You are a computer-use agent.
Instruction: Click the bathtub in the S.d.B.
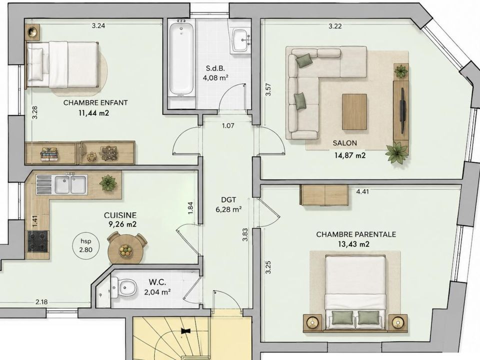coord(181,58)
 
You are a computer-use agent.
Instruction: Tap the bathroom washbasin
coord(241,40)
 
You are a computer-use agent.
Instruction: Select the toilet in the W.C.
coord(124,287)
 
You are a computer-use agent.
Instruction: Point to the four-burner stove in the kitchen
coord(38,241)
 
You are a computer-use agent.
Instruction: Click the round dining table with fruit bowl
coord(125,249)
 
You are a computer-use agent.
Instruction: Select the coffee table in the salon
coord(354,111)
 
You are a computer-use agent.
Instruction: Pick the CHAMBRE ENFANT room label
coord(95,102)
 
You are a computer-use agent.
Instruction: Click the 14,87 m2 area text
coord(350,155)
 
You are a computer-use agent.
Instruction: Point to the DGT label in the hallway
coord(228,200)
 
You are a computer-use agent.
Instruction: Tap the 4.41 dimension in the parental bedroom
coord(362,191)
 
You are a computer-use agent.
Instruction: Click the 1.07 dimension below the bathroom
coord(228,125)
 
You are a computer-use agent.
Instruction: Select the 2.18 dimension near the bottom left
coord(41,302)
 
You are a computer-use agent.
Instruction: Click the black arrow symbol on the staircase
coord(185,331)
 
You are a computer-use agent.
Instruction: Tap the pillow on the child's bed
coord(35,63)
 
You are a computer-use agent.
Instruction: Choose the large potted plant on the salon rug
coord(396,152)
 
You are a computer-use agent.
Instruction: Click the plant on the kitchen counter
coord(108,183)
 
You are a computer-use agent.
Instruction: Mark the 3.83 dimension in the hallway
coord(245,235)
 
